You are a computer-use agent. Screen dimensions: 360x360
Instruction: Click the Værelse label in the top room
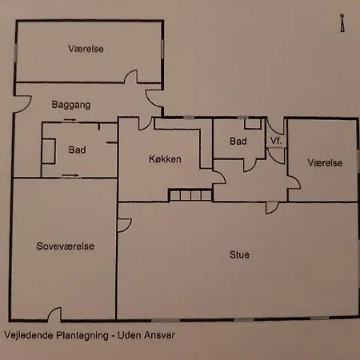coord(86,50)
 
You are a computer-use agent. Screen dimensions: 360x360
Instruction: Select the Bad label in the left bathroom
coord(77,150)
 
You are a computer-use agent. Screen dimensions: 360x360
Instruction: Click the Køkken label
coord(165,158)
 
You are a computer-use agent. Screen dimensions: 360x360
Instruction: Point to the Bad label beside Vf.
coord(238,141)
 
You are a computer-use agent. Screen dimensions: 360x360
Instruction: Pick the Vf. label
coord(275,141)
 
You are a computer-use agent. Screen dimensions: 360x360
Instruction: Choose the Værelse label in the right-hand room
coord(325,162)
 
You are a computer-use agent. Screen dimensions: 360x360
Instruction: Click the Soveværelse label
coord(66,246)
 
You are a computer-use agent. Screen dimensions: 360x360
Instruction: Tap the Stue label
coord(238,255)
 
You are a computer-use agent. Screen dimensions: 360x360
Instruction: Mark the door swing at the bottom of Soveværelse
coord(55,314)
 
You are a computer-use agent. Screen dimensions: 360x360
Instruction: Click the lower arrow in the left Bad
coord(72,174)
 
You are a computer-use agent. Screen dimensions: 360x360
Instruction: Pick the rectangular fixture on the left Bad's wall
coord(49,150)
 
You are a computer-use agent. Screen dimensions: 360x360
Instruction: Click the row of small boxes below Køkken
coord(189,196)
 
